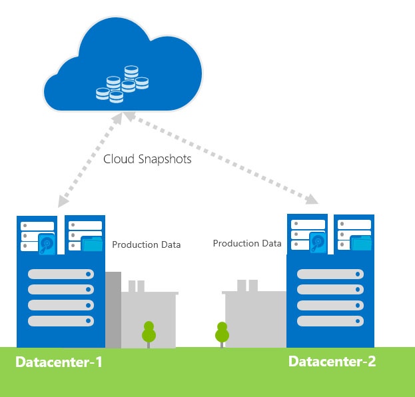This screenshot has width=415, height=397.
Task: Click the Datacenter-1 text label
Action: (x=59, y=363)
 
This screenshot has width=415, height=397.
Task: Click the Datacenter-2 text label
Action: (x=332, y=362)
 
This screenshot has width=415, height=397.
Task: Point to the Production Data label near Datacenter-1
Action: (x=146, y=244)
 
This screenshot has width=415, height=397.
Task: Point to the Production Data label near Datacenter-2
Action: (x=247, y=243)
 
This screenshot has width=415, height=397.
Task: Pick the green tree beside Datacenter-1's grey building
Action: (x=149, y=333)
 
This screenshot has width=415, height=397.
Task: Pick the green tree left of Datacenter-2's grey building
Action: (x=222, y=333)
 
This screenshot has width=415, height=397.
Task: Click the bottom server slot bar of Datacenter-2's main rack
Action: (x=330, y=320)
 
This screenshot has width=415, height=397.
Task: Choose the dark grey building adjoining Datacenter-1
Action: (x=113, y=310)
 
